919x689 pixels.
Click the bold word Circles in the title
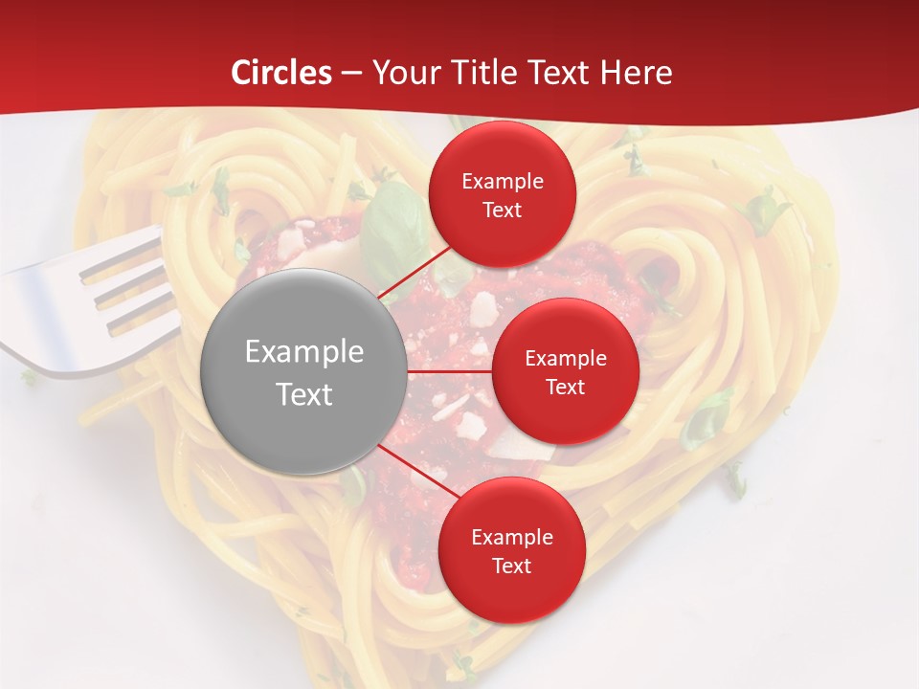[280, 73]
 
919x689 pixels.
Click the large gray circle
[303, 371]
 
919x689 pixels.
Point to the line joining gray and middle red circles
[450, 371]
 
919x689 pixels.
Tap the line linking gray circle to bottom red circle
[412, 469]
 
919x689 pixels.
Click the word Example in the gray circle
[303, 352]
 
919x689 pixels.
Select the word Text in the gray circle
[303, 394]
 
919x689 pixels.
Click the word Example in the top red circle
[502, 181]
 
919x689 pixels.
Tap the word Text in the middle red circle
[565, 387]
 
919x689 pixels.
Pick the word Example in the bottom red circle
[511, 537]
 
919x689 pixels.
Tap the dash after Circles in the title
[351, 73]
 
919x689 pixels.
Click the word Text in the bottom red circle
[511, 566]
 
